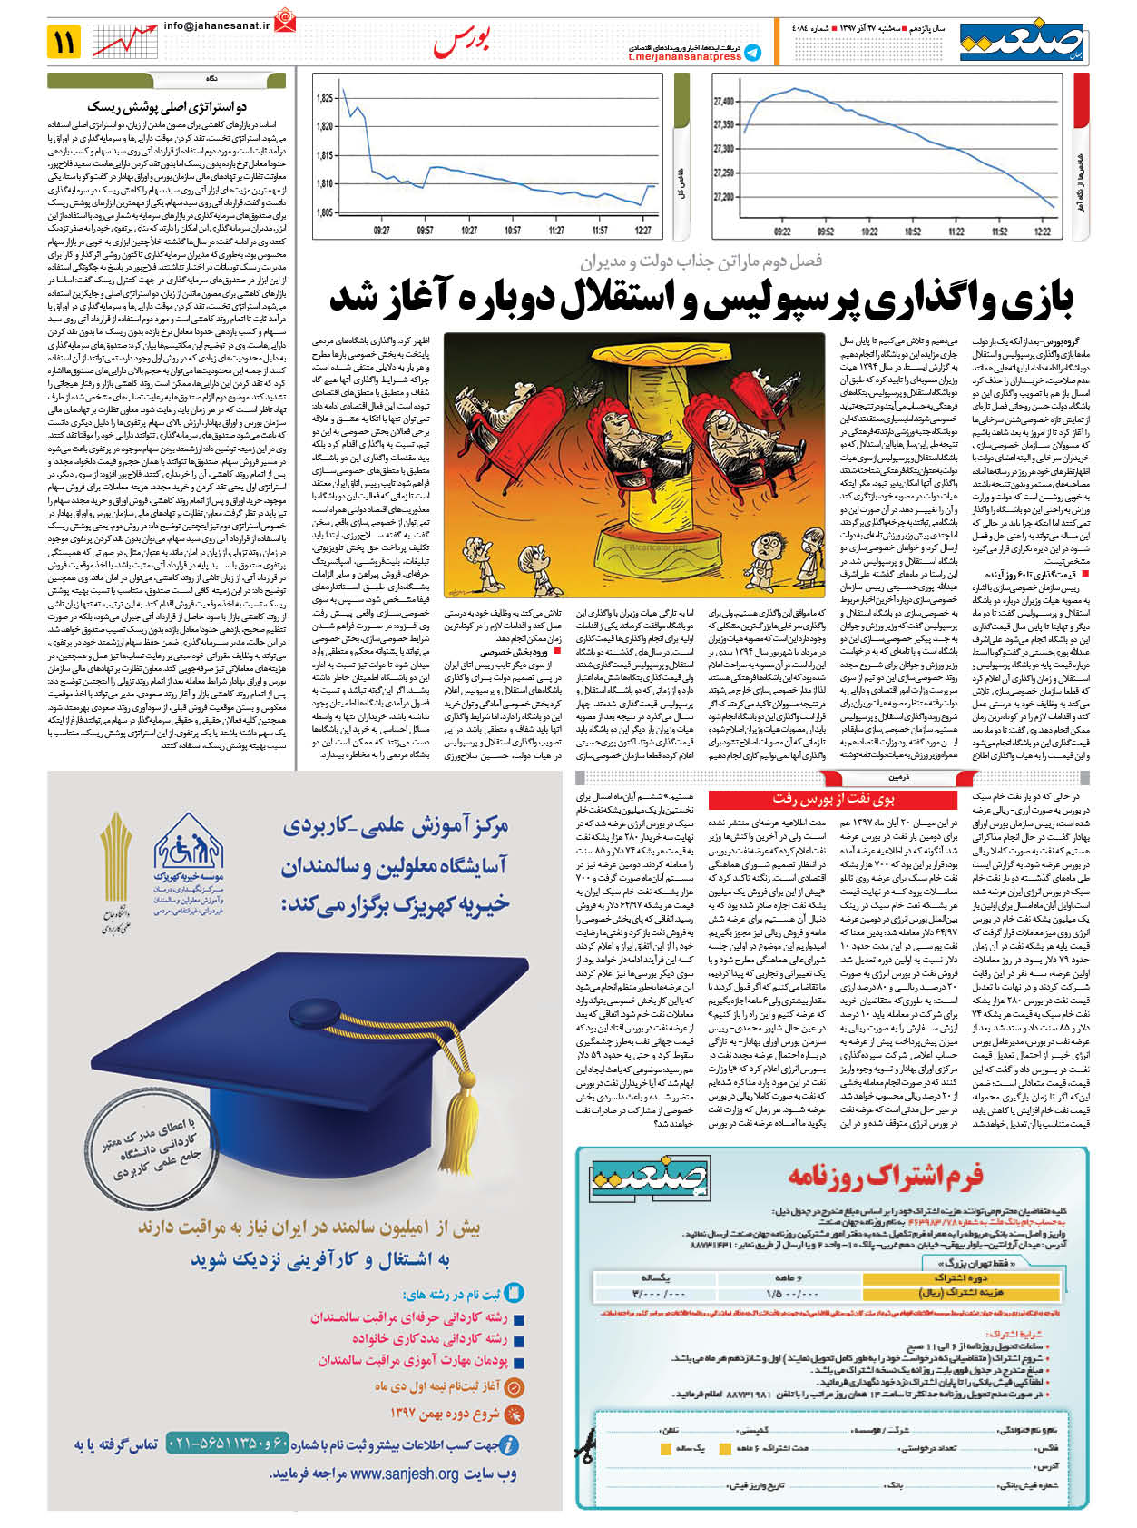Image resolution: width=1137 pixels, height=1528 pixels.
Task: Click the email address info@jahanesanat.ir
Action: click(x=218, y=26)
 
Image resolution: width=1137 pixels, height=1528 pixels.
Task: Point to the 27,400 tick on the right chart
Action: click(x=724, y=101)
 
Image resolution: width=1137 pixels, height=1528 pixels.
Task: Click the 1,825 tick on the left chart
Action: click(x=324, y=98)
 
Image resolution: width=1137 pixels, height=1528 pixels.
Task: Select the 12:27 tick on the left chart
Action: click(x=644, y=231)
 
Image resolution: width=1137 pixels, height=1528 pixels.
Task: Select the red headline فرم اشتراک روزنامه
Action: click(x=886, y=1176)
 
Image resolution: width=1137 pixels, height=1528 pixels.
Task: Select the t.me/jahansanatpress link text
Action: click(x=684, y=56)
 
